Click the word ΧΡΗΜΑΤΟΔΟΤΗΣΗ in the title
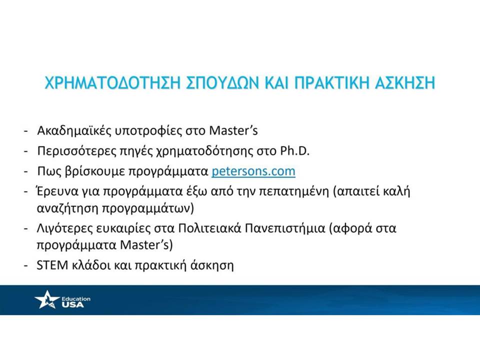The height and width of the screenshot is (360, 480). coord(112,83)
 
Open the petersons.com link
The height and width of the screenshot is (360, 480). coord(253,171)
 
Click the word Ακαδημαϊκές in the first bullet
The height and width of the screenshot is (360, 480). coord(73,130)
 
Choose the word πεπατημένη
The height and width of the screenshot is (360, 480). coord(294,192)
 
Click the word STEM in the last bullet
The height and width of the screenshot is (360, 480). coord(52,265)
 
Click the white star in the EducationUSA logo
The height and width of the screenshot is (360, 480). coord(46,299)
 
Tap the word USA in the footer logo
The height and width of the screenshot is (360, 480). coord(72,304)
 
